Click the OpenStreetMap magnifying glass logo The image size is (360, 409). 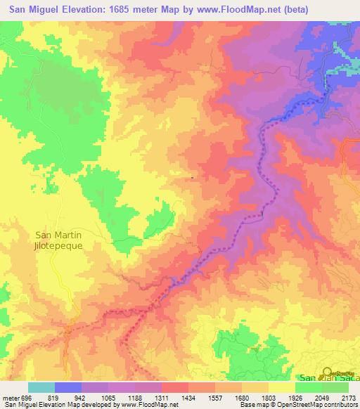pos(327,373)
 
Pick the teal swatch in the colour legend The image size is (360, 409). pos(41,388)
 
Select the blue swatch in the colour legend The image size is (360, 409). pos(68,388)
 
